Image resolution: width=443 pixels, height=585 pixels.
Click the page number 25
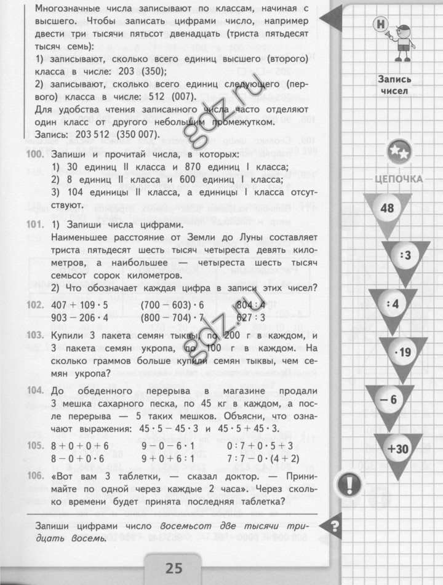click(174, 567)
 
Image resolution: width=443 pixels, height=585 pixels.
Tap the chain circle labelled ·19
click(402, 352)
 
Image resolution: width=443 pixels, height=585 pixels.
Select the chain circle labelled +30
click(399, 449)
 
